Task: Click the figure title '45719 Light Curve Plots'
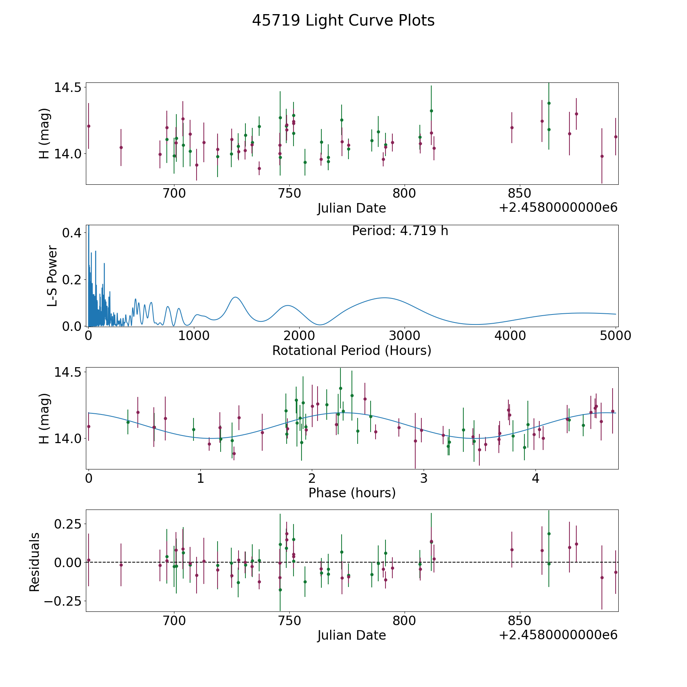click(343, 21)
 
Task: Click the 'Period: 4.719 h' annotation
click(400, 231)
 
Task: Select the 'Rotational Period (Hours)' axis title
click(352, 350)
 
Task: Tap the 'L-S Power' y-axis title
click(52, 276)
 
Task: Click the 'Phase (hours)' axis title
click(352, 493)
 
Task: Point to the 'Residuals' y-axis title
click(34, 562)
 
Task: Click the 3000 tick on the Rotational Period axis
click(405, 335)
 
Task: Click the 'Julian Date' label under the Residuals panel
click(352, 635)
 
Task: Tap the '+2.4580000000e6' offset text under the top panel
click(558, 208)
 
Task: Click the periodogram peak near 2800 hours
click(384, 298)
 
